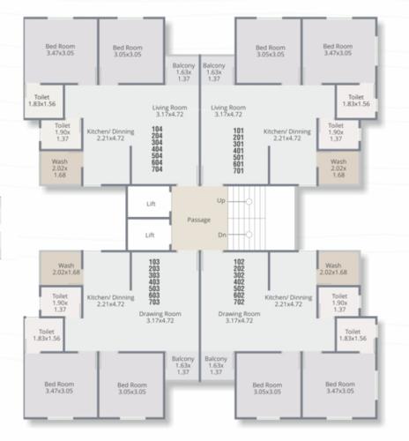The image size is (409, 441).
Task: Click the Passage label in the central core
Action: click(x=199, y=219)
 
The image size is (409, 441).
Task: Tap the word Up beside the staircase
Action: click(x=221, y=202)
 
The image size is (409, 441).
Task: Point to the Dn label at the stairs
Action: click(x=221, y=235)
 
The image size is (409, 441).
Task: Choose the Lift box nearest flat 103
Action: click(x=150, y=235)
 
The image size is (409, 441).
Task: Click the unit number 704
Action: click(x=158, y=170)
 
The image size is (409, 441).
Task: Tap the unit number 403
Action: click(x=154, y=281)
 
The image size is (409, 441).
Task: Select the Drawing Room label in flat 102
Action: click(x=239, y=318)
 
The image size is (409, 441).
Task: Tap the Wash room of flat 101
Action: click(x=338, y=168)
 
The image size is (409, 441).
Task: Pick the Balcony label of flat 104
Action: click(x=183, y=70)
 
